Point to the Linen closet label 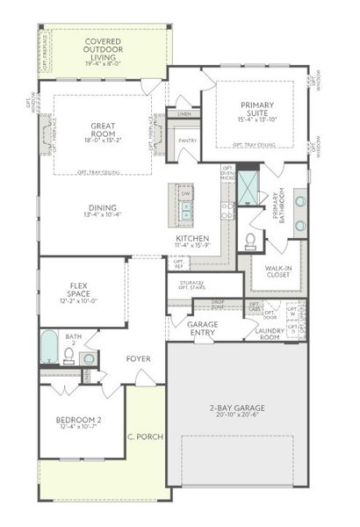(184, 114)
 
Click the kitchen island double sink (185, 210)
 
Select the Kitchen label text (191, 239)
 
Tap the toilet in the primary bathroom (250, 240)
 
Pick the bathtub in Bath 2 (49, 349)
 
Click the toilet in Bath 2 (68, 357)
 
